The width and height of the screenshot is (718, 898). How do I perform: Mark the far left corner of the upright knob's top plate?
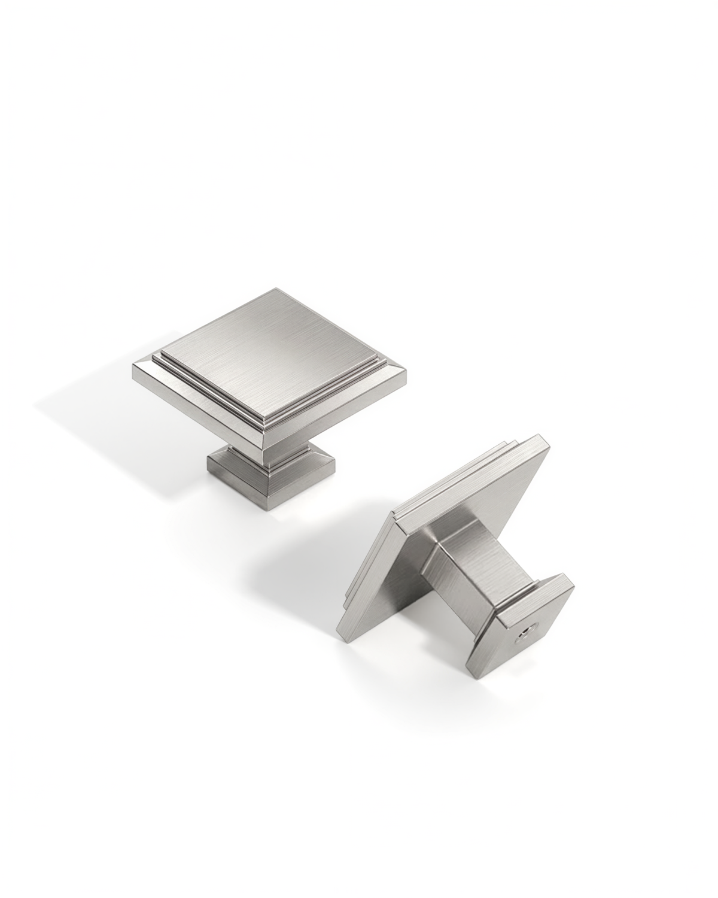(132, 366)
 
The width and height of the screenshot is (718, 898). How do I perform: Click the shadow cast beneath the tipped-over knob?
(311, 575)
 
